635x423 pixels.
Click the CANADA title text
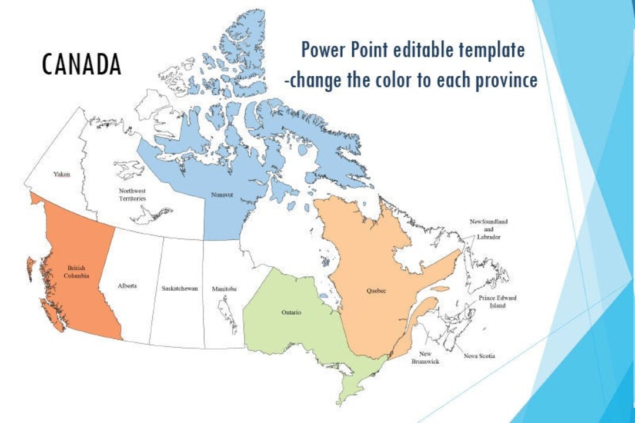(x=81, y=64)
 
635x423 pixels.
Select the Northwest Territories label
(x=132, y=194)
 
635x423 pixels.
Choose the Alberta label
(x=127, y=286)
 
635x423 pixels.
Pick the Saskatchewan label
(x=180, y=288)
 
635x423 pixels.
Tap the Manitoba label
(x=224, y=288)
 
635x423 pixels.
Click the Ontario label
(x=291, y=313)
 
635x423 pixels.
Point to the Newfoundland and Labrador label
(x=488, y=229)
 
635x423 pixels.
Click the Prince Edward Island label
(x=497, y=302)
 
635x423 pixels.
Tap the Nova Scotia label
(x=479, y=356)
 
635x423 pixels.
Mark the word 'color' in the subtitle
(x=388, y=79)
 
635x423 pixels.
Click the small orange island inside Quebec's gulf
(x=440, y=288)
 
